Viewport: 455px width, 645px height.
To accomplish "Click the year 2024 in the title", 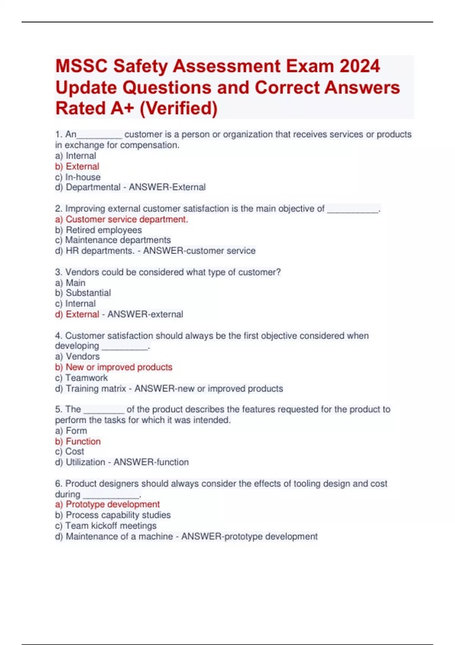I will click(x=359, y=66).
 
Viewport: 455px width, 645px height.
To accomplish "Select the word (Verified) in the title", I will click(x=179, y=108).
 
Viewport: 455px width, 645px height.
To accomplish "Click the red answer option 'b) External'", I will click(x=77, y=167).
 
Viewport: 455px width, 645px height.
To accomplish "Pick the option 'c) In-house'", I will click(x=78, y=177).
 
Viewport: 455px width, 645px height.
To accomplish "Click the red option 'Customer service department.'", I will click(x=127, y=219).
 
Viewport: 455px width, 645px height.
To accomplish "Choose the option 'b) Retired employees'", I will click(x=99, y=230).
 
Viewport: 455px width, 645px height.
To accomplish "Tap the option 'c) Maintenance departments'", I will click(x=113, y=240).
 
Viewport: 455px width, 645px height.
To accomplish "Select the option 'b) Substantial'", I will click(x=83, y=293).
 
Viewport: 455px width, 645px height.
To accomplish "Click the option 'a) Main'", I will click(x=70, y=283).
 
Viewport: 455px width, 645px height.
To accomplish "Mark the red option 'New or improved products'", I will click(x=119, y=367).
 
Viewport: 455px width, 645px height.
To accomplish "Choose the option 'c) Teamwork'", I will click(x=82, y=378).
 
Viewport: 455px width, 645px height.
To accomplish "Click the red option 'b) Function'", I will click(x=78, y=441).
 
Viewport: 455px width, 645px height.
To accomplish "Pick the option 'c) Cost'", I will click(x=70, y=451).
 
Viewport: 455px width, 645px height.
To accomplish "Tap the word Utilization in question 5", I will click(x=85, y=462).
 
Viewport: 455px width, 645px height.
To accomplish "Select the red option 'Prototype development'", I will click(x=113, y=504).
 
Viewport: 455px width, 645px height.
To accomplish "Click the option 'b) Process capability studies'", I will click(x=113, y=515).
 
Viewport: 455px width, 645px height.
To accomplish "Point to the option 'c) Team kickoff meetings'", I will click(x=106, y=525).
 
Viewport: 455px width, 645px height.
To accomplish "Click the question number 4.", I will click(x=58, y=336).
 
